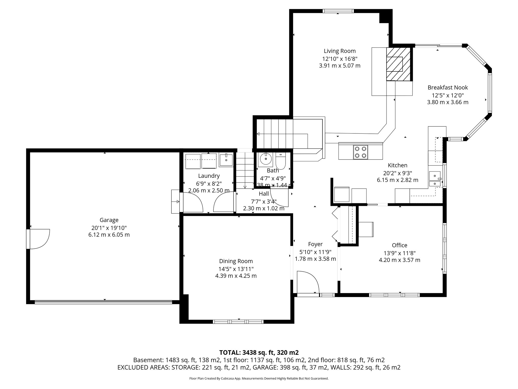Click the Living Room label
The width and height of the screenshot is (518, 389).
coord(340,51)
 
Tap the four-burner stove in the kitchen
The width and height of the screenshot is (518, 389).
coord(360,152)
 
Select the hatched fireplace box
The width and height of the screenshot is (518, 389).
coord(398,64)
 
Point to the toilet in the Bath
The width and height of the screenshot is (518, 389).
coord(280,162)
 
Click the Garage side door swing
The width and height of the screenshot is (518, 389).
coord(38,239)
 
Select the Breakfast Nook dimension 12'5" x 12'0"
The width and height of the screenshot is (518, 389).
coord(448,95)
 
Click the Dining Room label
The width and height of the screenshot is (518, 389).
coord(236,261)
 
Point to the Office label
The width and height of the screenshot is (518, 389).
coord(399,245)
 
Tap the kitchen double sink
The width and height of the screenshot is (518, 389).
coord(435,179)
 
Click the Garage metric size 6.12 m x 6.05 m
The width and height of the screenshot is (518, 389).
coord(109,235)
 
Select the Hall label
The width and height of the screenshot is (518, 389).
coord(264,194)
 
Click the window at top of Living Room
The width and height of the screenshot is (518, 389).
coord(338,11)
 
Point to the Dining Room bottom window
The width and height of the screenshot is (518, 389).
coord(238,322)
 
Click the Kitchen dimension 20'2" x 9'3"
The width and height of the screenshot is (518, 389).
coord(397,173)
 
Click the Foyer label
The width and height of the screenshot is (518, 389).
coord(315,244)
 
